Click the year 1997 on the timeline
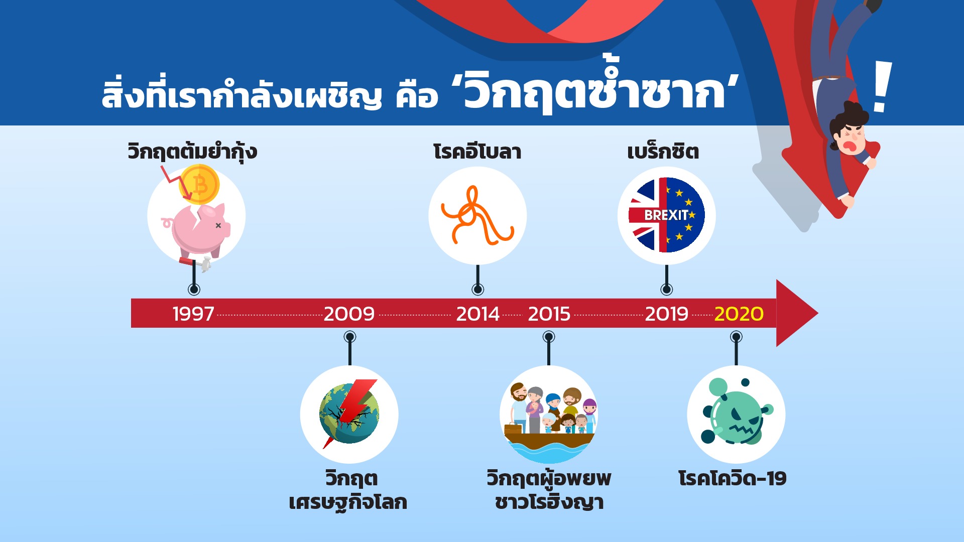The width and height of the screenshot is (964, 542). (193, 314)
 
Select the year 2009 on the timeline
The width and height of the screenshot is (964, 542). (349, 314)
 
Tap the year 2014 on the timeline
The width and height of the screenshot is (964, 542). (477, 314)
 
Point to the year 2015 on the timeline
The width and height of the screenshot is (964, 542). (549, 314)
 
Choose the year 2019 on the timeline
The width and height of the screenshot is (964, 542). (666, 314)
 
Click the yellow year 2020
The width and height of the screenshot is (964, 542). (739, 314)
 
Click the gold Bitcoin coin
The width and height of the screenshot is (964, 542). (199, 185)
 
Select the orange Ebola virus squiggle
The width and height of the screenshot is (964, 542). (477, 216)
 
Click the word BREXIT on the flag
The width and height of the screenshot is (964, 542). (666, 215)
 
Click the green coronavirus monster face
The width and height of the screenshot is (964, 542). (737, 417)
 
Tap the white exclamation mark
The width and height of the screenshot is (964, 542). (882, 86)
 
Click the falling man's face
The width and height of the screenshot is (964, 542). (850, 137)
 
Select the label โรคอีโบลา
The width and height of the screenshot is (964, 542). (477, 152)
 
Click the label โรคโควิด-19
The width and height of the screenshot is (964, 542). (732, 478)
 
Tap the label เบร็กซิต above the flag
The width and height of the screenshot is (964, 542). (663, 152)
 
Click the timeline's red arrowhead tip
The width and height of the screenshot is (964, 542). (818, 314)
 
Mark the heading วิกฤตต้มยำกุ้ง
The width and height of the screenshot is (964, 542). (192, 152)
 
